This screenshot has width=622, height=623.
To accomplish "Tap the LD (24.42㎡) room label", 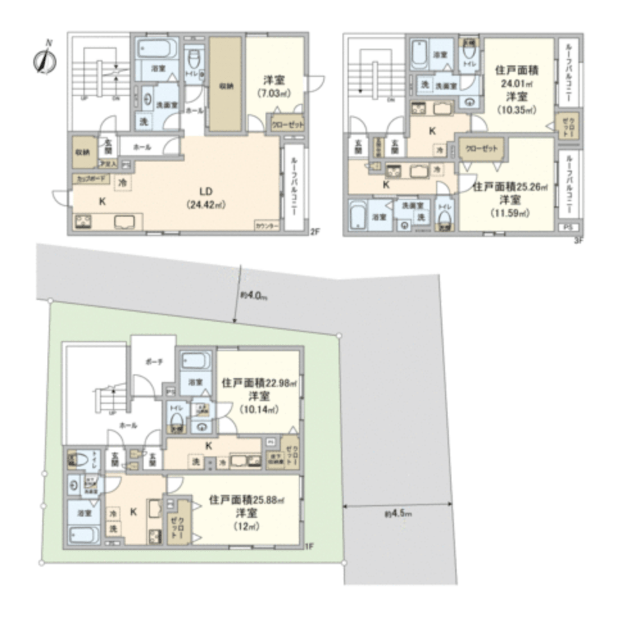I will pyautogui.click(x=205, y=197).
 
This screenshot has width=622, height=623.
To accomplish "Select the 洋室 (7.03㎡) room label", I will pyautogui.click(x=276, y=87).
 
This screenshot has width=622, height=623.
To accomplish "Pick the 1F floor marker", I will pyautogui.click(x=309, y=546).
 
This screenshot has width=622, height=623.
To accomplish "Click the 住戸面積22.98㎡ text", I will pyautogui.click(x=260, y=383).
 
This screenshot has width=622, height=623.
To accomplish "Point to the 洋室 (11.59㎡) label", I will pyautogui.click(x=510, y=206).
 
